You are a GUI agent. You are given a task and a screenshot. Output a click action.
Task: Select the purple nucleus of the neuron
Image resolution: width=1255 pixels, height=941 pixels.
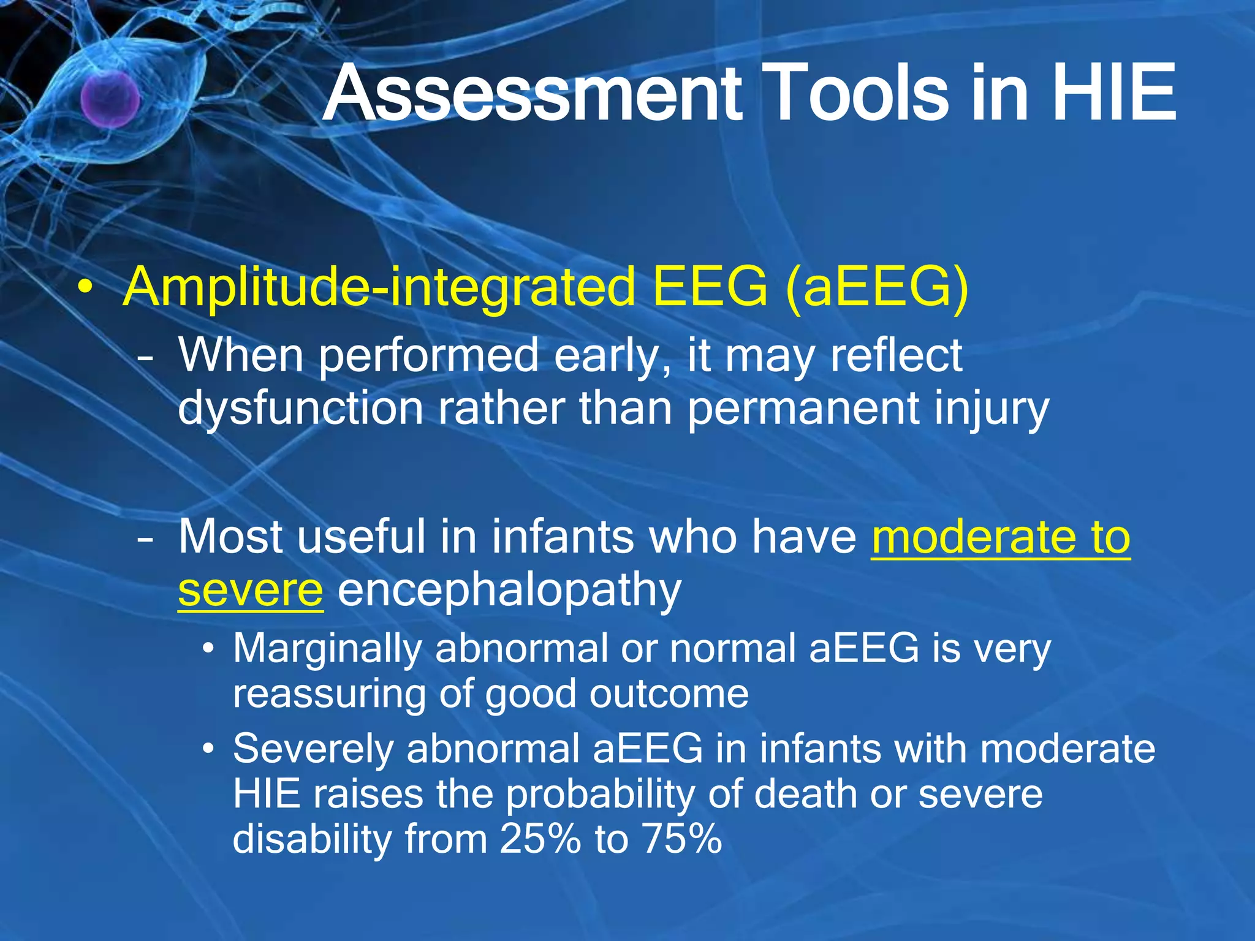(110, 98)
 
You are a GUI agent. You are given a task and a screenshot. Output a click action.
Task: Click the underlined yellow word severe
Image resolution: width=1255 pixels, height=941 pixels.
(250, 589)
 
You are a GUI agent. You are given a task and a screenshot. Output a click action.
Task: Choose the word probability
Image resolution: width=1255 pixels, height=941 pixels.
(600, 794)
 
